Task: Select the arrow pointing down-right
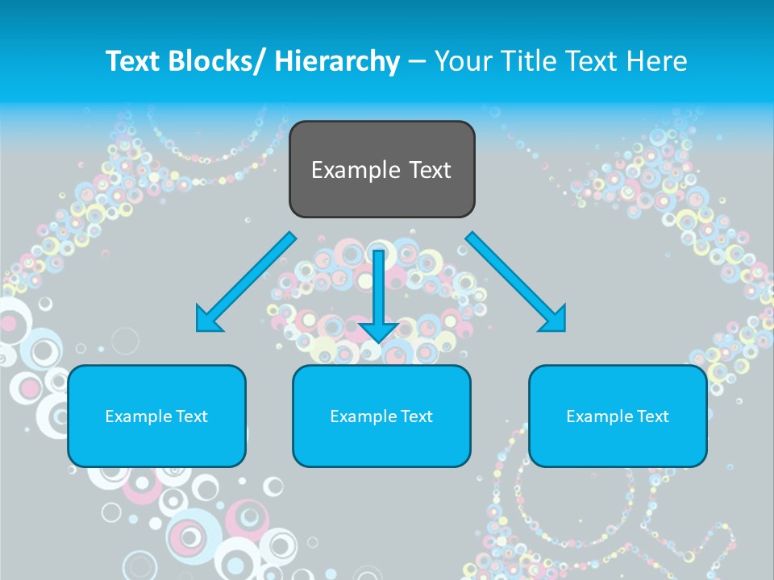pos(516,282)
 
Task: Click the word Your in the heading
pos(462,61)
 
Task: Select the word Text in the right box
pos(653,416)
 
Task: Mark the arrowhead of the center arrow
pos(378,331)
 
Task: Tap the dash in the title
pos(417,62)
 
